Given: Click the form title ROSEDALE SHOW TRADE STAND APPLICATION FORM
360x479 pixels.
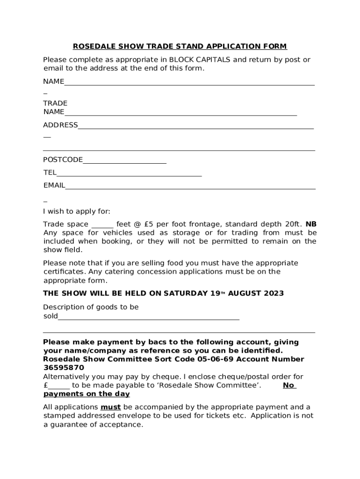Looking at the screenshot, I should [180, 46].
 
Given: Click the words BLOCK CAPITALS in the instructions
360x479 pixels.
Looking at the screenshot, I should [200, 60].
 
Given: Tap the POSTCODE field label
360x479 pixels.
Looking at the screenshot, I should [63, 160].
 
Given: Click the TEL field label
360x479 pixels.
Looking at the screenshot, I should [50, 173].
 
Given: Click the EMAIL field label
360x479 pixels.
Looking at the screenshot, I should [54, 185].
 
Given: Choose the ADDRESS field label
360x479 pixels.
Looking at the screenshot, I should [60, 125].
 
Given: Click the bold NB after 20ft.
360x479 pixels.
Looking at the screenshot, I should [311, 224].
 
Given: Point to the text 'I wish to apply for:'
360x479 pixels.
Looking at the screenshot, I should [77, 211].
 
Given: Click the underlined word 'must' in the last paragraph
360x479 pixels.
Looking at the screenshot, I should [111, 407].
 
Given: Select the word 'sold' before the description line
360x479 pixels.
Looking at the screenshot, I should [50, 316].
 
